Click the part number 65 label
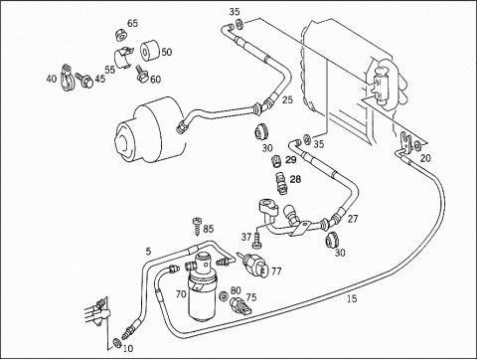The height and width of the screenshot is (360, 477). [x=132, y=23]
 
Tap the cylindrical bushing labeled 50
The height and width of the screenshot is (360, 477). [x=150, y=52]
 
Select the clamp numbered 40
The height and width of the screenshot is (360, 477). [x=68, y=78]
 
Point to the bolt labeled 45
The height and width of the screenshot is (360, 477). [x=85, y=80]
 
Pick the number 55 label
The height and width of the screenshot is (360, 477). [x=110, y=70]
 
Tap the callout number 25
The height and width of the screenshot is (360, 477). [x=287, y=99]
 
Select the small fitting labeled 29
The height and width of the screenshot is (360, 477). [x=276, y=161]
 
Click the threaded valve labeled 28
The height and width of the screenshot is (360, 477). [x=280, y=183]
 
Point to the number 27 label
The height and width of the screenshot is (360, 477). [x=353, y=219]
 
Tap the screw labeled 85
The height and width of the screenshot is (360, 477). [x=197, y=226]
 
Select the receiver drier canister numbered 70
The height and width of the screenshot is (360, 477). [x=201, y=287]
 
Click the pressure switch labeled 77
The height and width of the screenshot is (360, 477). [x=253, y=265]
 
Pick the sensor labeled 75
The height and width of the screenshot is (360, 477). [x=241, y=306]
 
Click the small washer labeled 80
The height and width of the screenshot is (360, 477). [x=224, y=295]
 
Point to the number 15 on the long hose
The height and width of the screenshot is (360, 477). [x=352, y=299]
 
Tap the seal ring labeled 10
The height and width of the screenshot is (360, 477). [x=116, y=342]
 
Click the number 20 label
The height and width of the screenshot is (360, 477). [x=425, y=158]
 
